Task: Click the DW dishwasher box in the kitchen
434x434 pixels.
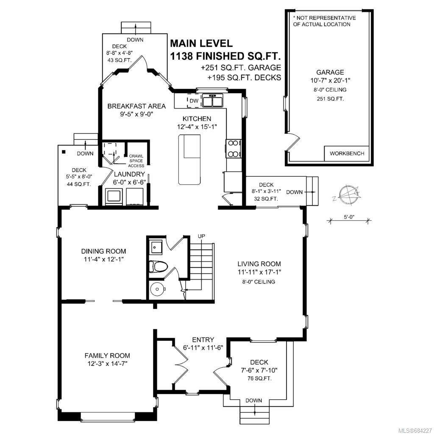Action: (194, 101)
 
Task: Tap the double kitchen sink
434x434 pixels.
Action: (213, 100)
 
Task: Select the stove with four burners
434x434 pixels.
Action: (234, 149)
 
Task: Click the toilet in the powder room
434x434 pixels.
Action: (159, 267)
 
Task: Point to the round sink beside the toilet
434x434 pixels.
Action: (158, 289)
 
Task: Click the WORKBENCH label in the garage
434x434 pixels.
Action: (347, 153)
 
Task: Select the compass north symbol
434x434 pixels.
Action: (349, 194)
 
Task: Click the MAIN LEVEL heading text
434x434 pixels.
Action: (201, 43)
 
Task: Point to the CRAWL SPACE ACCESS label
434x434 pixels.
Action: (136, 161)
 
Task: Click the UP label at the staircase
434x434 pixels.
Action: (201, 236)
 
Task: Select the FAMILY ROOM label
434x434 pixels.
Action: (107, 356)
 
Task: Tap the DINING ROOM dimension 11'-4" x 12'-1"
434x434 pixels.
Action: (103, 259)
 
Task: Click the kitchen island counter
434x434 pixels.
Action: (189, 160)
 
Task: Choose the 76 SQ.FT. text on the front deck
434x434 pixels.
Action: (259, 378)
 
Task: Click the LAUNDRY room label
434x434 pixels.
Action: (130, 174)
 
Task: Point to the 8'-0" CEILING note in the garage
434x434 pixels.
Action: (330, 90)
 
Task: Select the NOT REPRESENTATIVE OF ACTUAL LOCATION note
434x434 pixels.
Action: (324, 21)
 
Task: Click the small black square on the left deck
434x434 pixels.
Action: (64, 152)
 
